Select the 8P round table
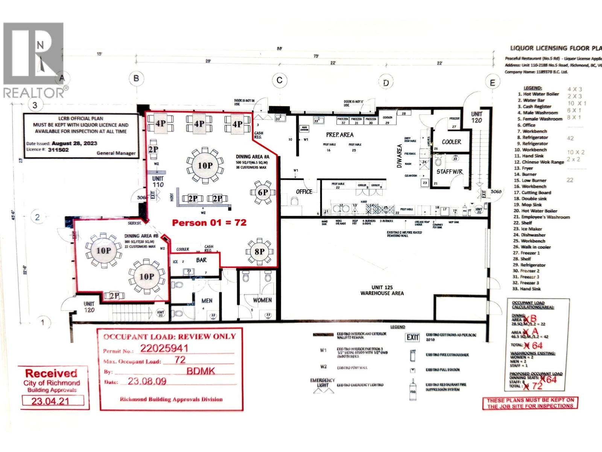click(x=259, y=252)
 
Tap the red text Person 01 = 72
click(x=209, y=223)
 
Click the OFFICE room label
click(x=304, y=192)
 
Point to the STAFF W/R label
click(x=449, y=172)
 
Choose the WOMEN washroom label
click(x=262, y=300)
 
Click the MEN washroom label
click(x=207, y=301)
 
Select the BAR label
click(x=201, y=260)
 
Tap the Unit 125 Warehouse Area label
click(x=382, y=290)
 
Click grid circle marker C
click(x=280, y=80)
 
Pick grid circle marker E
click(x=492, y=82)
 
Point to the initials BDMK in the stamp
click(x=201, y=371)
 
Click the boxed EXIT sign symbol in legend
click(x=412, y=337)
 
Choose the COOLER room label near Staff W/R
click(x=451, y=142)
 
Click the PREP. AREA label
click(x=339, y=134)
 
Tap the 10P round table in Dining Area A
click(x=205, y=165)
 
